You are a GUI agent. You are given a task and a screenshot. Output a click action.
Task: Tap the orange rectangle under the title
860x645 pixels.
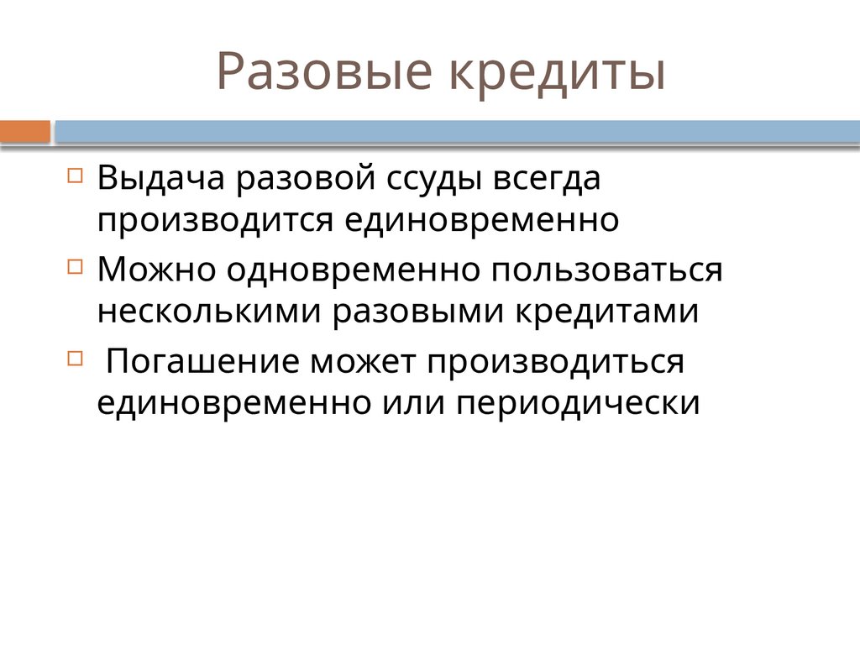[25, 132]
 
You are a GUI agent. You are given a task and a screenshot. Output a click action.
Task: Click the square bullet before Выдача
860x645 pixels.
[75, 176]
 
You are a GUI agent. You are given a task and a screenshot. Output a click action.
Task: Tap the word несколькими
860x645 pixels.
[209, 312]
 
